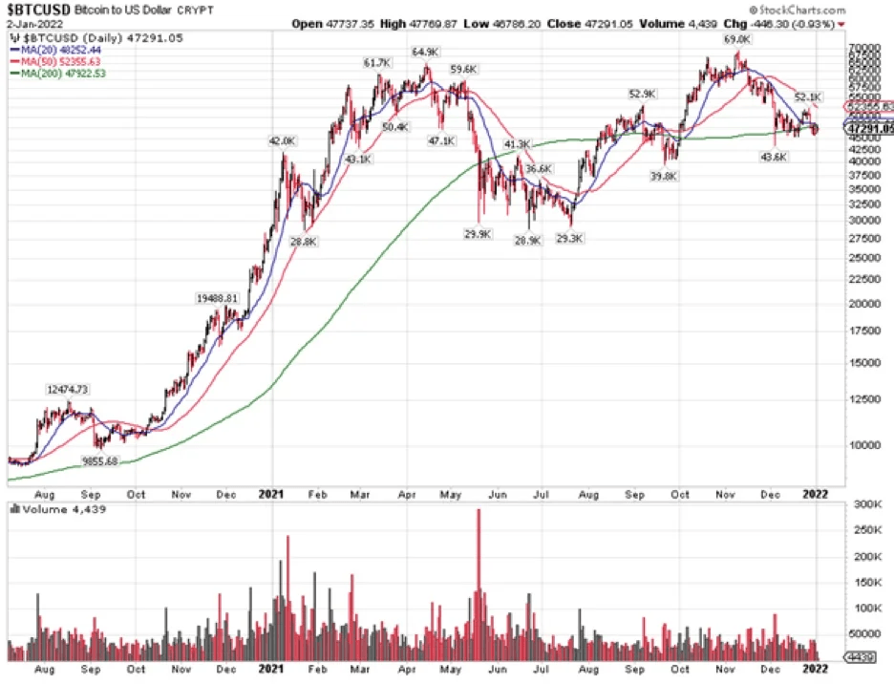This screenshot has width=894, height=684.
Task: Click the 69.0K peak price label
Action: pyautogui.click(x=734, y=40)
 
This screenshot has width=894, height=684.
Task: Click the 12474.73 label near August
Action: pyautogui.click(x=68, y=389)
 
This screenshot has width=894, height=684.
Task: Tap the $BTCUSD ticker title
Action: pyautogui.click(x=37, y=10)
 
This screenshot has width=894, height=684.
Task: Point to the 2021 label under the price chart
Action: pyautogui.click(x=271, y=494)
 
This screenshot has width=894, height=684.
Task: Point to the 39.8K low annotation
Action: pyautogui.click(x=664, y=177)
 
